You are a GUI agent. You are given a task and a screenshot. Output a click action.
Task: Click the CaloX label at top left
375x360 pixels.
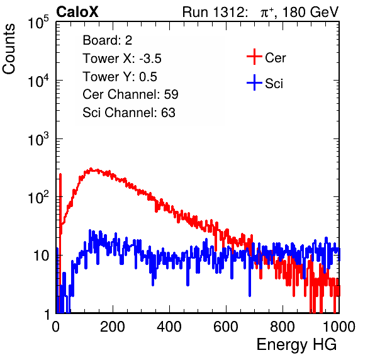(x=77, y=12)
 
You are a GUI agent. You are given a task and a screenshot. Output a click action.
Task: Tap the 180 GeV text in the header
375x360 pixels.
(x=311, y=12)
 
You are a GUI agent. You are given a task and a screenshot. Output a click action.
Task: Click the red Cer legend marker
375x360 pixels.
(x=254, y=57)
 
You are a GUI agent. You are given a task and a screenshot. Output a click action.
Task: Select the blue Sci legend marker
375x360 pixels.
(x=254, y=82)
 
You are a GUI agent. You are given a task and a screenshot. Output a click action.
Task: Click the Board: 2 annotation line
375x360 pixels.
(x=107, y=40)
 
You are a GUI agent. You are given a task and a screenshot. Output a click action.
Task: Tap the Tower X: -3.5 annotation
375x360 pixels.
(x=122, y=59)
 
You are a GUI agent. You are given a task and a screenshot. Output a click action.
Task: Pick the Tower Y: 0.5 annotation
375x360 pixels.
(x=120, y=77)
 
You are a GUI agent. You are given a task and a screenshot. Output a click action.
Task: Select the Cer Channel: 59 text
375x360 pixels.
(x=130, y=94)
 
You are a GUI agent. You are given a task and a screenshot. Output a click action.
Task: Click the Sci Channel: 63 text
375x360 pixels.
(x=129, y=113)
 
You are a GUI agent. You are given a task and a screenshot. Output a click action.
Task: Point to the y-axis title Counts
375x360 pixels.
(x=9, y=49)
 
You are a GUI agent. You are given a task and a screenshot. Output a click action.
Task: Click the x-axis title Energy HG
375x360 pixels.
(x=296, y=345)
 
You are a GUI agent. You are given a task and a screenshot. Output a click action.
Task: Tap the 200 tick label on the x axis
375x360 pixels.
(x=113, y=327)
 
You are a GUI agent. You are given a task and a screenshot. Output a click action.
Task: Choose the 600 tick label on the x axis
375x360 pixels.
(x=226, y=327)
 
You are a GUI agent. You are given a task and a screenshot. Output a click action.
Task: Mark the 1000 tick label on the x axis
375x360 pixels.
(x=339, y=327)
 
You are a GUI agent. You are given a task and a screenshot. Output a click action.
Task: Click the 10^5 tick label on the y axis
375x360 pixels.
(x=38, y=22)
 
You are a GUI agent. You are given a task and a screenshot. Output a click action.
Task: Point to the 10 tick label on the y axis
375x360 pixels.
(x=41, y=256)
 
